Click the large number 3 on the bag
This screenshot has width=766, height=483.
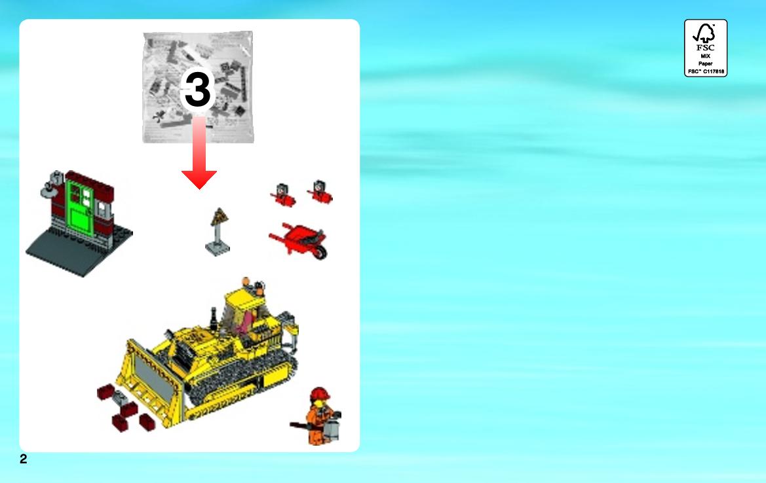click(x=197, y=89)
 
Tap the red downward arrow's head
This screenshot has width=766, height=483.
click(x=199, y=179)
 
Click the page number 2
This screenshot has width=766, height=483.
click(x=24, y=459)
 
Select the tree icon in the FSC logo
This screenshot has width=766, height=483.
click(x=706, y=33)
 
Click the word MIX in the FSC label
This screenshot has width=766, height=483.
click(x=706, y=56)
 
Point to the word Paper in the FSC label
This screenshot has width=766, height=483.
click(x=706, y=63)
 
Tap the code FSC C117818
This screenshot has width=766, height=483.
click(x=706, y=71)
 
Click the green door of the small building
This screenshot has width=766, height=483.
click(x=80, y=208)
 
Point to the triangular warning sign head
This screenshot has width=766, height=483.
click(x=220, y=217)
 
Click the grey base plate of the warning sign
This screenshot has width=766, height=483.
click(x=218, y=249)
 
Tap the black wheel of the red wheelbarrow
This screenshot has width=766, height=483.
click(x=320, y=252)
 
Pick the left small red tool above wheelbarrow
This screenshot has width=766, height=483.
click(x=283, y=195)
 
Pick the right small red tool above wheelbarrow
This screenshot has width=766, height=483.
click(x=320, y=192)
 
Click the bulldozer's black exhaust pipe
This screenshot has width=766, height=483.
click(x=214, y=318)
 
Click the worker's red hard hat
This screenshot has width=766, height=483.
click(x=320, y=394)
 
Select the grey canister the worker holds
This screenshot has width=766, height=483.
click(x=332, y=429)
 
